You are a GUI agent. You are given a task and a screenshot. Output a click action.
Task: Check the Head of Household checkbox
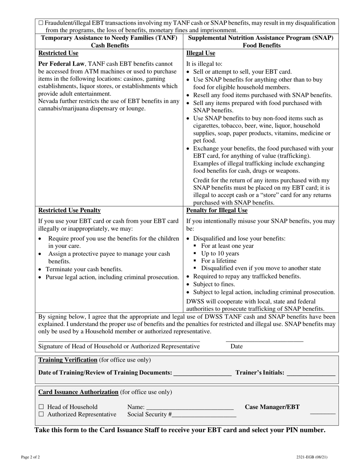41,407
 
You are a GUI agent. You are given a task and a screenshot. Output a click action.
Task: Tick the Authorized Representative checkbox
41,414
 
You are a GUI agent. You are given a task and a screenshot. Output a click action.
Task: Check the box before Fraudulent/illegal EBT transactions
41,23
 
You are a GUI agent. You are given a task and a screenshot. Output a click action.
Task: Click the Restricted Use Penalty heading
69,210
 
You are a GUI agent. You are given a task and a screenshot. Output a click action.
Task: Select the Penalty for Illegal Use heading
217,210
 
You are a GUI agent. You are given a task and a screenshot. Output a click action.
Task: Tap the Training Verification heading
68,360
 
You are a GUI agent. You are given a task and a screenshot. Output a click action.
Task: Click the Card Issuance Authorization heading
78,392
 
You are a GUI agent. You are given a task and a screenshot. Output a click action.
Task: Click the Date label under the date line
236,346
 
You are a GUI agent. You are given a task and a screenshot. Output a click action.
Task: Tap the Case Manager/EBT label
272,407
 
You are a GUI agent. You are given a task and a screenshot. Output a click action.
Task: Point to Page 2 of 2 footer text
30,457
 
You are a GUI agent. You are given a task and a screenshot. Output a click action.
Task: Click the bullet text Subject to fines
214,284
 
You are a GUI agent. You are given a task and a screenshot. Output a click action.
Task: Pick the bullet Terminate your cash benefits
84,269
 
